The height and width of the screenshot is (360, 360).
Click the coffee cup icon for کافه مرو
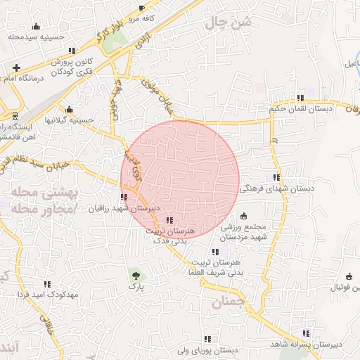click(142, 8)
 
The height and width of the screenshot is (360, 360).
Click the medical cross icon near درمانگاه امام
click(16, 67)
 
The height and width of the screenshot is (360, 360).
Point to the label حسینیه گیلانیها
click(69, 120)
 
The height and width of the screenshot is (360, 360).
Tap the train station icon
click(14, 115)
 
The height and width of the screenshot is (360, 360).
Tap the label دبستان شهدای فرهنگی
click(277, 188)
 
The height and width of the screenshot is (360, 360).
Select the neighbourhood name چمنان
click(228, 303)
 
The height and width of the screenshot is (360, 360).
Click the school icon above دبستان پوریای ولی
click(207, 338)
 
